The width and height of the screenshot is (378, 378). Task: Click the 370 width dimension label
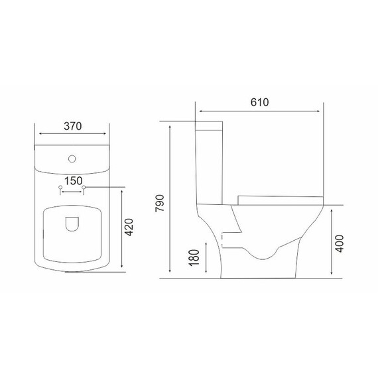[x=73, y=126]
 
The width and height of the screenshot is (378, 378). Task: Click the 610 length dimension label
[x=259, y=102]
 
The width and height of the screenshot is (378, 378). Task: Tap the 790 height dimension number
[x=160, y=203]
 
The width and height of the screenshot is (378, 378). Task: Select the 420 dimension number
[x=129, y=227]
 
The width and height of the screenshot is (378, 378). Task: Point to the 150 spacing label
[x=74, y=181]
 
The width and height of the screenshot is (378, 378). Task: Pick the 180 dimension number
[x=194, y=257]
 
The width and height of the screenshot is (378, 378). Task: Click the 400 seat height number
[x=340, y=243]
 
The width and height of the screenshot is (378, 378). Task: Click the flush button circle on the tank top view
[x=72, y=159]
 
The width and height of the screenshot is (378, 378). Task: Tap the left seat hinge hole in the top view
[x=60, y=187]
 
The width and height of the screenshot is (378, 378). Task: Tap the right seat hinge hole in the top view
[x=84, y=187]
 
